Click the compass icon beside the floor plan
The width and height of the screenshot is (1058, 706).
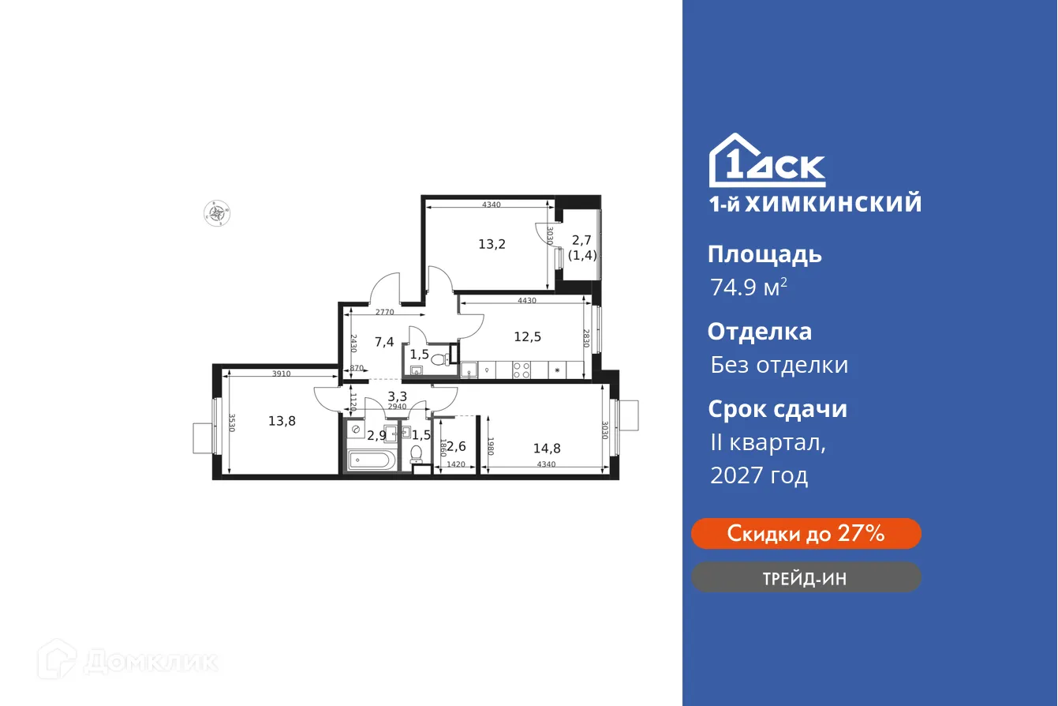[x=215, y=212]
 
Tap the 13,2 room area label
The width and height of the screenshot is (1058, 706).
[x=492, y=243]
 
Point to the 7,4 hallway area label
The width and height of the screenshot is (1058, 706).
[x=384, y=342]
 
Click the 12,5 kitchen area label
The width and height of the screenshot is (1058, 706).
[x=527, y=336]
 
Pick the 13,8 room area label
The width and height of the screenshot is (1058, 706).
[x=282, y=421]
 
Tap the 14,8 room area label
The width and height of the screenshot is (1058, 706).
[x=547, y=449]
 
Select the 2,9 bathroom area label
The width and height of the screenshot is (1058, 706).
[x=376, y=434]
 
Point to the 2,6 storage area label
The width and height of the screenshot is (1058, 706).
[x=456, y=446]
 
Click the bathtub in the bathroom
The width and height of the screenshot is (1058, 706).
[x=372, y=460]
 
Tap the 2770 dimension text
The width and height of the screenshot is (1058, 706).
[x=384, y=312]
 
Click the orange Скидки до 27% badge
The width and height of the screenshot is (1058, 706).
[x=806, y=534]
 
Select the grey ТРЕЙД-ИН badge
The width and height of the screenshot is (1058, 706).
[x=806, y=577]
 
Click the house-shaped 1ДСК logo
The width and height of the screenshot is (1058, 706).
[x=767, y=160]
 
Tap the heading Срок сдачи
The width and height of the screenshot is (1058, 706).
[x=777, y=409]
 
